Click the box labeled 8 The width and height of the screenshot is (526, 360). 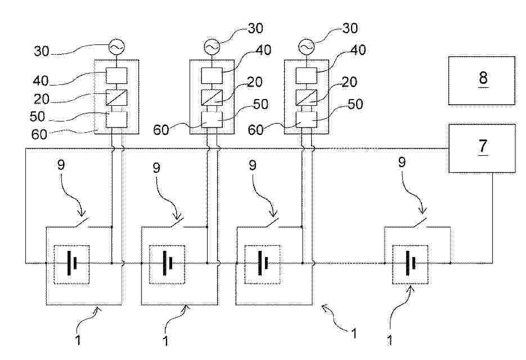point(482,80)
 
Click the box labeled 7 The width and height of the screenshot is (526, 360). point(482,148)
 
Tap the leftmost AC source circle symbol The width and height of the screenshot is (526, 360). point(116,47)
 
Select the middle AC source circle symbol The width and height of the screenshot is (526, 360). point(212,47)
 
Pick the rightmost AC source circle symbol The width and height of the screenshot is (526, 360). point(306,47)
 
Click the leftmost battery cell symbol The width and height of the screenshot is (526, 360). point(72,263)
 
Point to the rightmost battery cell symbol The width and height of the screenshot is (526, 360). point(411,263)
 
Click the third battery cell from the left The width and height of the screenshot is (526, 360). point(263,263)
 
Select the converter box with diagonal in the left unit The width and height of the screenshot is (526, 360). point(116,97)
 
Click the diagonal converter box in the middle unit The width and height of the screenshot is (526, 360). point(212,97)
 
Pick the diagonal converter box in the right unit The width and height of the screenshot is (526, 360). point(306,97)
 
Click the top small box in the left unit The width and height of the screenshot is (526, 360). point(116,75)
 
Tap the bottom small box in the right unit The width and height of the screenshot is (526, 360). point(306,119)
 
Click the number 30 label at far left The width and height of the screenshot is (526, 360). point(42,51)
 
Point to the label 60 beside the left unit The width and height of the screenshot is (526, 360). point(39,134)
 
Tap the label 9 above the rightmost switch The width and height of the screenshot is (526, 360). point(402,163)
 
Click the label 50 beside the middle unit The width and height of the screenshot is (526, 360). point(260,104)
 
